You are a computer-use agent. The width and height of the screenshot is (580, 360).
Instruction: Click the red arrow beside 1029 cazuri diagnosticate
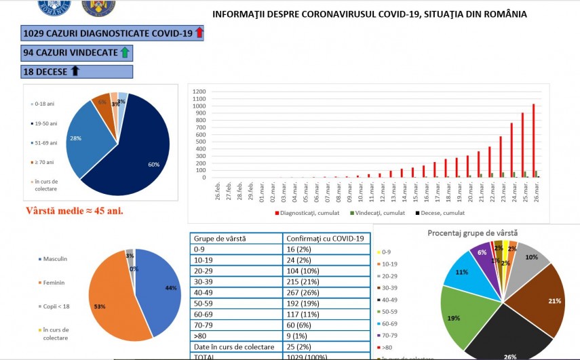click(x=199, y=33)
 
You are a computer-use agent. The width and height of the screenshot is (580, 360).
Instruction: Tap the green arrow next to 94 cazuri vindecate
click(x=124, y=52)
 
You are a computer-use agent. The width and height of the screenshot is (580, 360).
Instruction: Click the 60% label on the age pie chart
click(x=155, y=163)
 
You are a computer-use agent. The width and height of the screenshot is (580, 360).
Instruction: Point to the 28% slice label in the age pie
click(x=77, y=138)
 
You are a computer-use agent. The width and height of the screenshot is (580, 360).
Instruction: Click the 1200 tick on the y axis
click(x=198, y=92)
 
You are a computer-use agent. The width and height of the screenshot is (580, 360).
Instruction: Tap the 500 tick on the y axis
click(x=199, y=142)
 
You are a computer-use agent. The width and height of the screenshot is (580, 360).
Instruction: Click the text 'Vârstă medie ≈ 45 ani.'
click(x=75, y=211)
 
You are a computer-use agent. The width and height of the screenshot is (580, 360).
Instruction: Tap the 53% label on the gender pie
click(x=100, y=306)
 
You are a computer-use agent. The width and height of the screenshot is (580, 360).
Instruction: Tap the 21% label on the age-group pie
click(x=554, y=301)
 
